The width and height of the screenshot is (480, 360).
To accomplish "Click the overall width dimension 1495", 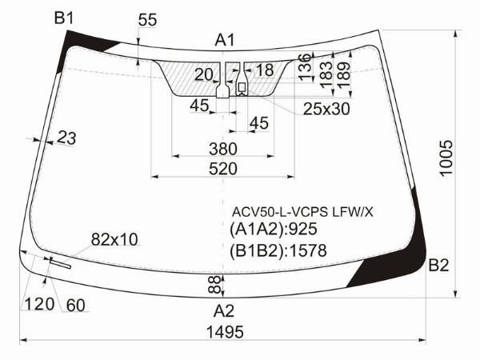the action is coord(225,332).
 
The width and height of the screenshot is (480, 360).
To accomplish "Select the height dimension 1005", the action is coord(446,158).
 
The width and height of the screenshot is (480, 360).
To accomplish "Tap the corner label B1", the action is coord(64,18).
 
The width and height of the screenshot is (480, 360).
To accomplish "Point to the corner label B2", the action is coord(438,265).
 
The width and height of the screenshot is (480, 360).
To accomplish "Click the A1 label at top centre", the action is coord(225,40).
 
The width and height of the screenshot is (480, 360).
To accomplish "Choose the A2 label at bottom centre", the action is coord(224,311).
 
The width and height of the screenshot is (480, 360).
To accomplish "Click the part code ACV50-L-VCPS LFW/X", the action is coord(302,212).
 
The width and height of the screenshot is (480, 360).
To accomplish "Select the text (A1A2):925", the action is coord(274,229).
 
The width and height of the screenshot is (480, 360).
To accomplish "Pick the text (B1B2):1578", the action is coord(278,250).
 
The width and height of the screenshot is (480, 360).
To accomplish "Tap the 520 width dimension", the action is coord(223,169).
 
